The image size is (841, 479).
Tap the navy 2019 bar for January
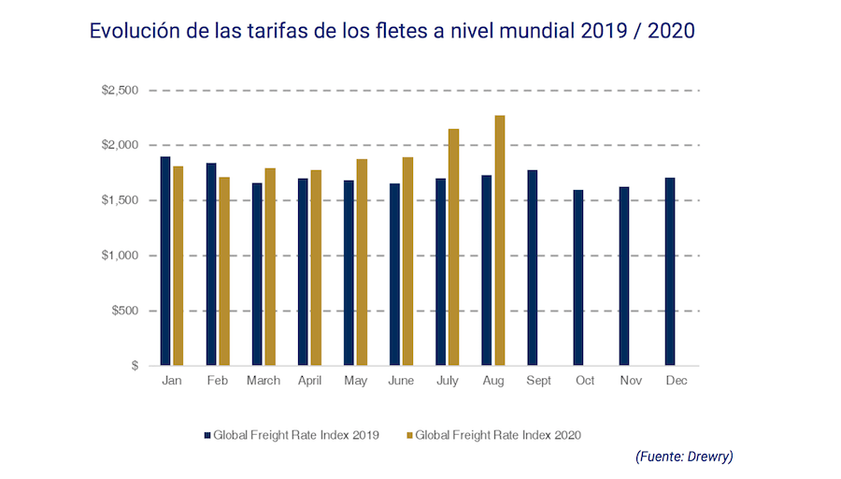point(165,261)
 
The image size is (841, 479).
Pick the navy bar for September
point(532,268)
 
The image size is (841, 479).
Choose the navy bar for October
point(578,278)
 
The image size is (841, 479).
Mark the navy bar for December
point(670,271)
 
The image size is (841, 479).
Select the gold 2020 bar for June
point(407,261)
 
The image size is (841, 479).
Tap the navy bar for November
point(624,276)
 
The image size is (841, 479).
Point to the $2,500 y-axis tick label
point(121,91)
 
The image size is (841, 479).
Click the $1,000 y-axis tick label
point(121,255)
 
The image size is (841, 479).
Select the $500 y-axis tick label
point(124,311)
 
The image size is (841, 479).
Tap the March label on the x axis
point(264,382)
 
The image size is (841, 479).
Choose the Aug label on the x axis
point(493,382)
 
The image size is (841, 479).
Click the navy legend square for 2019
point(207,435)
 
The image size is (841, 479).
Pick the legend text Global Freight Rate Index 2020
point(498,435)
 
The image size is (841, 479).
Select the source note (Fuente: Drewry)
point(684,457)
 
